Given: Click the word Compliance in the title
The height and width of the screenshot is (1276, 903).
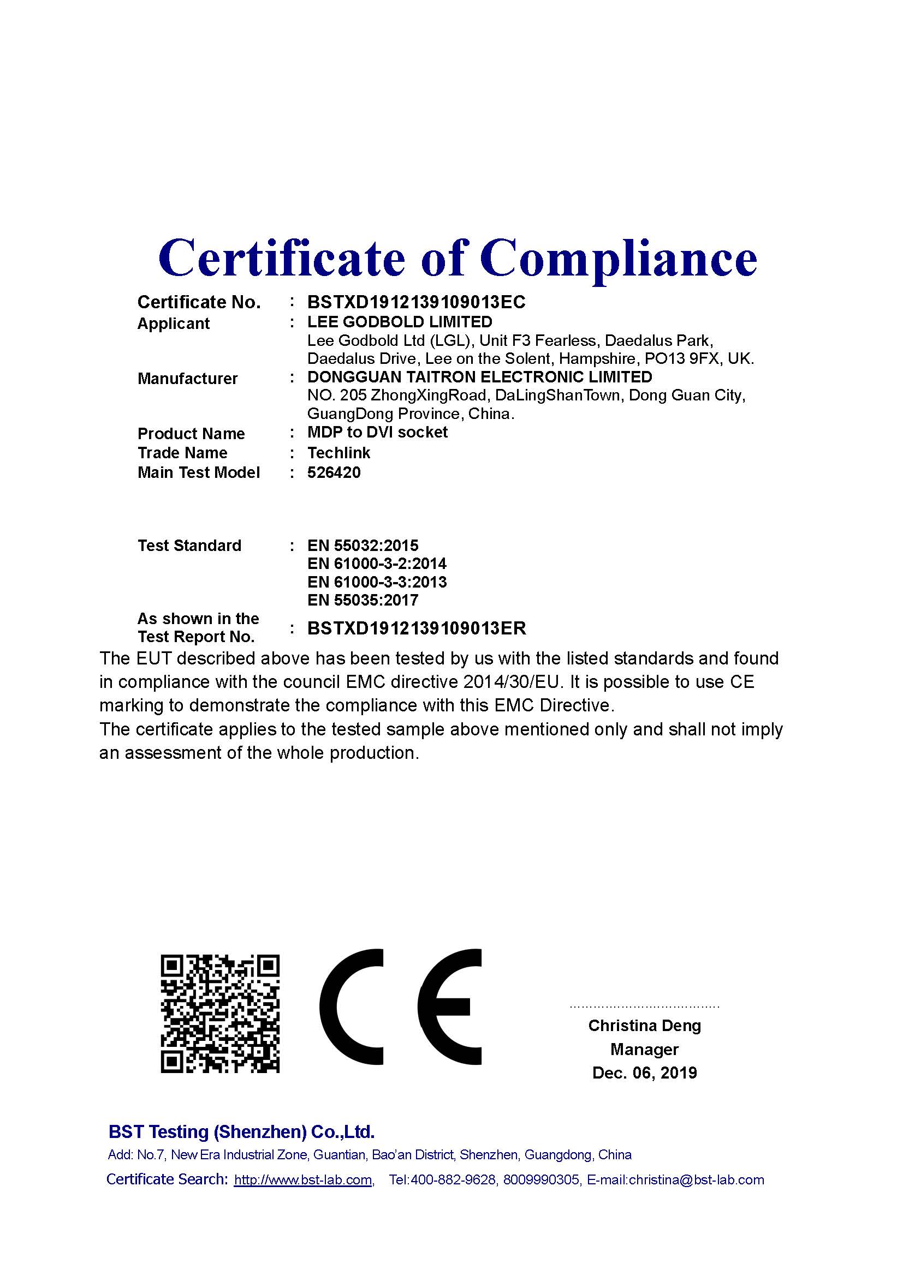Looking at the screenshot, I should point(619,259).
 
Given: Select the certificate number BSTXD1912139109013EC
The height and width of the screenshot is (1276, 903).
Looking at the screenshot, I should point(416,302).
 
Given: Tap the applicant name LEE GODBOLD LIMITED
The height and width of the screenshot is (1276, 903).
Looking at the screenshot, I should point(400,322).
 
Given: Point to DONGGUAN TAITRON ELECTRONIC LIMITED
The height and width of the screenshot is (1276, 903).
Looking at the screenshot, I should point(479,377).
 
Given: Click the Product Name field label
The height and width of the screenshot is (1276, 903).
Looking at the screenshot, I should point(191,434).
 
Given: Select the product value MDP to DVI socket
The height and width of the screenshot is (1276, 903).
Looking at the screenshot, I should point(377,433).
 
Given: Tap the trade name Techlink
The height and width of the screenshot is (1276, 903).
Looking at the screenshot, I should point(338,453).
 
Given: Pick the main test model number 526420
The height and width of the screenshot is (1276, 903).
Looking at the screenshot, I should point(334,472).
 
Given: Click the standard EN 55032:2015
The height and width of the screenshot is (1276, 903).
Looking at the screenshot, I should point(363,545).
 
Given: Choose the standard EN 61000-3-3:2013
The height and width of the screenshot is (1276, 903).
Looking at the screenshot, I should point(377,582).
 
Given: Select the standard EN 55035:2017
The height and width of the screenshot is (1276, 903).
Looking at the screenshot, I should point(363,600).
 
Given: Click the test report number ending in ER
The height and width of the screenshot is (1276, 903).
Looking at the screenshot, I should point(417,628).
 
